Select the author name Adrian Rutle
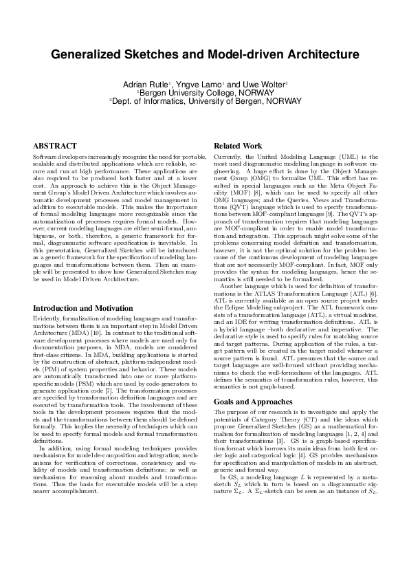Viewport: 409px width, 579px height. pos(146,83)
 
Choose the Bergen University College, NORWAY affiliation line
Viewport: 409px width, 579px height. pos(205,91)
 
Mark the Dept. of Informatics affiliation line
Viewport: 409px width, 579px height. pos(205,100)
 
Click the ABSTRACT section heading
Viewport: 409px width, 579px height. pos(55,146)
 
